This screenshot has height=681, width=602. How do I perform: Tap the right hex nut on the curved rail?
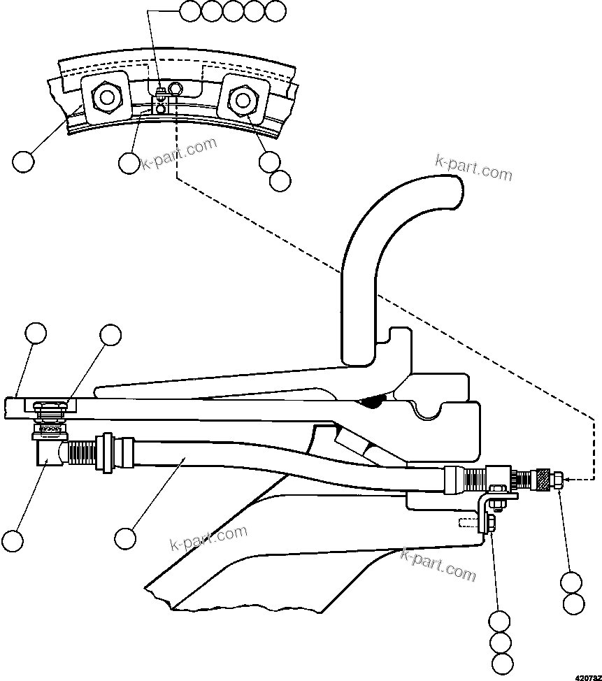241,100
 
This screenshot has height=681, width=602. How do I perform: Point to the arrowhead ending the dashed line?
567,480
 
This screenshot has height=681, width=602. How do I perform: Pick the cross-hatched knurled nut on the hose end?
540,480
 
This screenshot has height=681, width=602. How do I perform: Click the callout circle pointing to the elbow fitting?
12,540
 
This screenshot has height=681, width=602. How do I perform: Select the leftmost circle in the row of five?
189,10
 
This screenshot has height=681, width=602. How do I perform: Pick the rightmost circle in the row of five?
276,10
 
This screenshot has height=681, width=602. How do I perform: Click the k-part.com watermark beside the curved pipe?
473,167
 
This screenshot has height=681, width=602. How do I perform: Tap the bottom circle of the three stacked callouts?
501,664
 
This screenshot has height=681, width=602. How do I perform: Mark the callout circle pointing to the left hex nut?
23,162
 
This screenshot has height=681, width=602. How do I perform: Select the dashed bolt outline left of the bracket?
468,522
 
